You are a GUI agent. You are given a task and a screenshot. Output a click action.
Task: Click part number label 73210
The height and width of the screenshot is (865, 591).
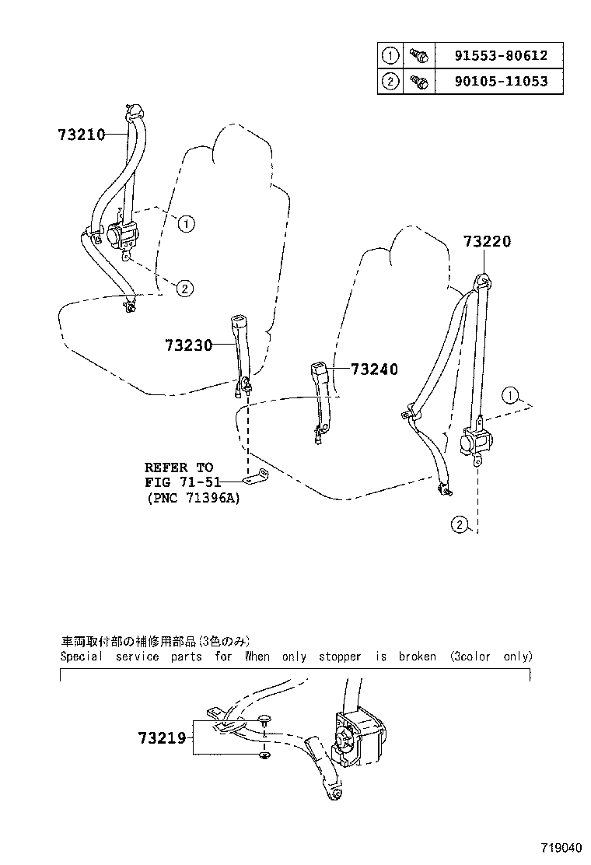coord(81,134)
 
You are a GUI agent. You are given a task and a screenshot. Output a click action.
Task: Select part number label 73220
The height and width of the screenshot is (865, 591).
coord(488,242)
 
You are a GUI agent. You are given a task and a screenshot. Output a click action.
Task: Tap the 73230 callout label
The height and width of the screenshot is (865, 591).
coord(188,344)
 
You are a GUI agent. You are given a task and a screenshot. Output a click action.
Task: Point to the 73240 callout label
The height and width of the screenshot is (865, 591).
coord(374,369)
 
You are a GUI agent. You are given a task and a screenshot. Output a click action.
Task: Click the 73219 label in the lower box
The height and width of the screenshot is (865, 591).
coord(162,737)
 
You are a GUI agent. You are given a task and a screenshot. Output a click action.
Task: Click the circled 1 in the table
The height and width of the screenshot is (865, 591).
coord(390,56)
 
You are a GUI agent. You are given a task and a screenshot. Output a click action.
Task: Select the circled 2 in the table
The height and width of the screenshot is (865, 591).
coord(390,81)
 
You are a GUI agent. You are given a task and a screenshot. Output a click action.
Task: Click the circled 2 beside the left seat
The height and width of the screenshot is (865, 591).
coord(184,289)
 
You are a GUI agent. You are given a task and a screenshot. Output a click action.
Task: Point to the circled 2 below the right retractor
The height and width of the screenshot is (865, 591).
coord(460,526)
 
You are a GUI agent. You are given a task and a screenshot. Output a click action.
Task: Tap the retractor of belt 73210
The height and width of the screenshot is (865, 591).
coord(121,233)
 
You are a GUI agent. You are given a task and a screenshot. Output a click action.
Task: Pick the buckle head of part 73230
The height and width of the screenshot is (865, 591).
coord(239,323)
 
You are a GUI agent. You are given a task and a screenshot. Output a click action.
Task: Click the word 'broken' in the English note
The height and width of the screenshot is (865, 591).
coord(418,657)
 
